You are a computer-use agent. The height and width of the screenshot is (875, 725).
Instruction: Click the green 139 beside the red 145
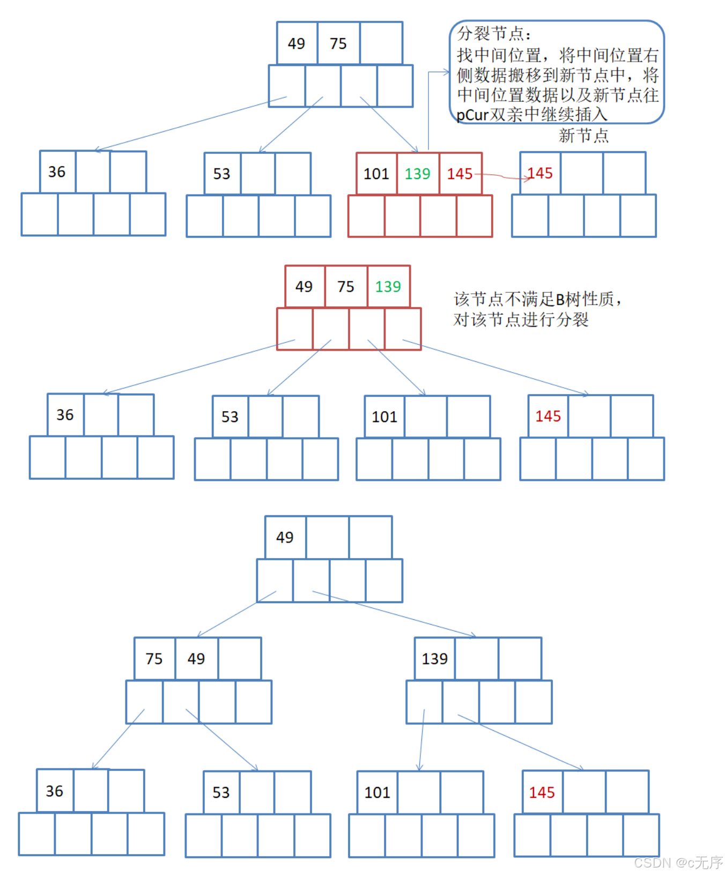417,174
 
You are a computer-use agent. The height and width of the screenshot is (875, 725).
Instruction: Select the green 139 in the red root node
388,286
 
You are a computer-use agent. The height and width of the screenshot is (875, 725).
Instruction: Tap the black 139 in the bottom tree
434,658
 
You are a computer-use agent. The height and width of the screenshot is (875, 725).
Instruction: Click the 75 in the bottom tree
154,658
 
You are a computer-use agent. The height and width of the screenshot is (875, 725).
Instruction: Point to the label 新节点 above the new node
583,136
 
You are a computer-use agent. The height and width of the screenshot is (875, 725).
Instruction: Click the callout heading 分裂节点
491,34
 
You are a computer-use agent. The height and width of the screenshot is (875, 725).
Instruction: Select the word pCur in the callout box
472,115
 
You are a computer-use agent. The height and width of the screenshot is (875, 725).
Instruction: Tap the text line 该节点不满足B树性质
536,299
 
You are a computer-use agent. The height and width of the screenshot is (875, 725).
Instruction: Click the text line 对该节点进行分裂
521,320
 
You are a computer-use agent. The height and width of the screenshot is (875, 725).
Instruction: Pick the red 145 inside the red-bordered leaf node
460,174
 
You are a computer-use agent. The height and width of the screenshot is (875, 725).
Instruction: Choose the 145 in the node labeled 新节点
540,173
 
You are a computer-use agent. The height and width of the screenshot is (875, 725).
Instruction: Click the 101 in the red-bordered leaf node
376,174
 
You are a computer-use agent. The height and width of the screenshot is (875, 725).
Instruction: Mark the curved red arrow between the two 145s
501,176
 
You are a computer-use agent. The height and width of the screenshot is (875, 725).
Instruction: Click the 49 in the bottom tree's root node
285,537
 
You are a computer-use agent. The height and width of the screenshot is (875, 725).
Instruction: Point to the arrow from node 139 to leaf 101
421,740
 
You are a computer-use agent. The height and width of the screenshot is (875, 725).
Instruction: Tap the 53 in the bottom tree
221,792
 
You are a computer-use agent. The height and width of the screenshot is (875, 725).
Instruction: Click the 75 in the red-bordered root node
346,286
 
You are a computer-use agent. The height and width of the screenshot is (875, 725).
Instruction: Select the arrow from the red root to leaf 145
496,368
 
